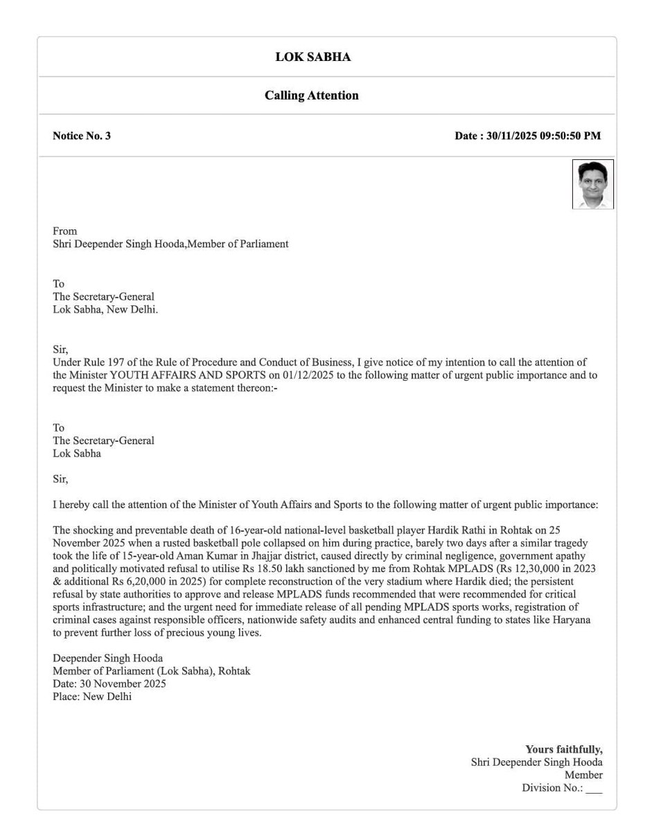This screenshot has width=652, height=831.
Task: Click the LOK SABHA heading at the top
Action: [x=312, y=57]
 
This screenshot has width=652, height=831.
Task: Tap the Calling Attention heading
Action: [x=312, y=96]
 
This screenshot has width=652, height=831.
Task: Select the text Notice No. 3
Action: [x=82, y=136]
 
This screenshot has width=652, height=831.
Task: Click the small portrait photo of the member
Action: [x=592, y=184]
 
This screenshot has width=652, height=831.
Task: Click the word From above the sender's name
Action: [x=65, y=231]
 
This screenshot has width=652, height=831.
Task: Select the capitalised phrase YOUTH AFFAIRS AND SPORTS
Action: [x=178, y=375]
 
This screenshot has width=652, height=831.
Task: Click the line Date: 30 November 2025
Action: [x=109, y=684]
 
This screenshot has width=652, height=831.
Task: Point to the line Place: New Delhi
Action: [x=92, y=697]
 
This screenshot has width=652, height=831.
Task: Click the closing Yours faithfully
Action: [x=563, y=749]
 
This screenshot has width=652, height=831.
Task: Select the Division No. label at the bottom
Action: [x=552, y=788]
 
